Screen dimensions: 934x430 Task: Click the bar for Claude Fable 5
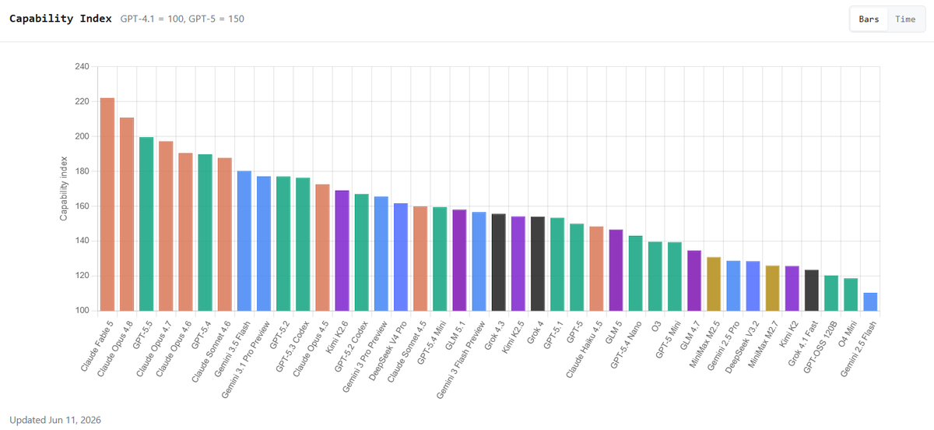point(107,205)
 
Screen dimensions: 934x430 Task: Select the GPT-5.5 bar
point(146,224)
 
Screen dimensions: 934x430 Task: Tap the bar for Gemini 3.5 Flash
point(244,241)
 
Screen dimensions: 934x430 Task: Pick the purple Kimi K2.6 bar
point(342,251)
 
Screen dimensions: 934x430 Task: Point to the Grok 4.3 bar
point(499,263)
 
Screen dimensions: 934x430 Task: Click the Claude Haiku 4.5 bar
point(597,269)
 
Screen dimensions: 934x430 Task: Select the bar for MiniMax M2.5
point(714,284)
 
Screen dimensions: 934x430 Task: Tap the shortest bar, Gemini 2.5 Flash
point(870,301)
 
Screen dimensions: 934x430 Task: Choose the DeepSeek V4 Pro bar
point(401,257)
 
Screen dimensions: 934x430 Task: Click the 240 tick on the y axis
point(83,66)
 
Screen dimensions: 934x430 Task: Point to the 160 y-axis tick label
point(83,206)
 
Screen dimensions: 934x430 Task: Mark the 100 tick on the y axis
point(83,310)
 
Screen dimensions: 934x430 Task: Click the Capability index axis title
point(63,189)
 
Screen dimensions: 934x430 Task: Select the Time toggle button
point(905,19)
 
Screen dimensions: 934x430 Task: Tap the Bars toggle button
point(869,19)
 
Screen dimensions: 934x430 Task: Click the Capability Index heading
point(61,19)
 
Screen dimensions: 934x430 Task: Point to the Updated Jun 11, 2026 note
point(55,420)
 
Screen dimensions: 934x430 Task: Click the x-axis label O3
point(656,326)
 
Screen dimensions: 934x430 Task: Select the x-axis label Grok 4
point(535,333)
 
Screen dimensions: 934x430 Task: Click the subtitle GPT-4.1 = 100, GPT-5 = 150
point(182,19)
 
